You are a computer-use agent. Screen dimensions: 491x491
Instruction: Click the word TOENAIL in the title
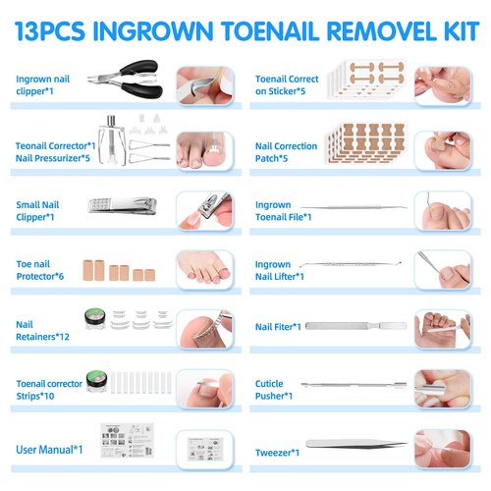(x=279, y=27)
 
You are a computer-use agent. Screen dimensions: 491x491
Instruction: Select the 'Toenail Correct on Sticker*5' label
(x=285, y=84)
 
